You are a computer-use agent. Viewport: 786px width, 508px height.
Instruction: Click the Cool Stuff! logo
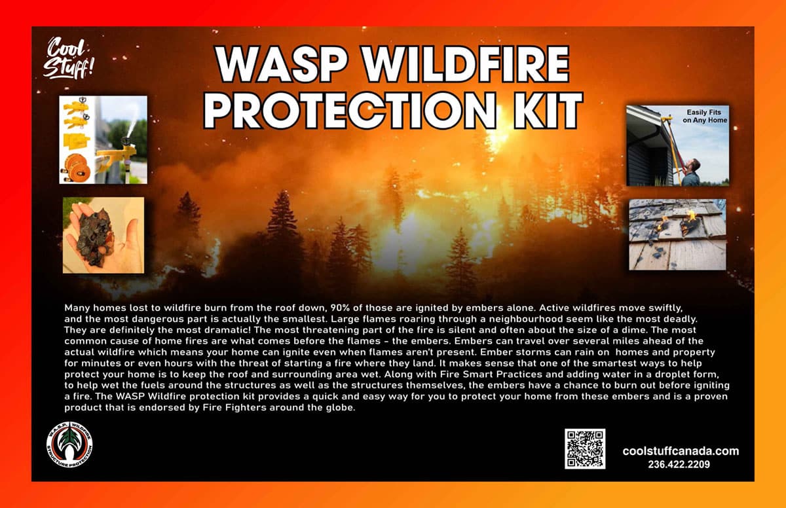tap(68, 58)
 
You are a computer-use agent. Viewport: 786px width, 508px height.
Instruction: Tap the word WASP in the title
tap(282, 64)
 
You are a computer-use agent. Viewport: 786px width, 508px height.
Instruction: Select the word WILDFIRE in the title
tap(466, 64)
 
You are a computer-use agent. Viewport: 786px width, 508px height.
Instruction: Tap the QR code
tap(585, 448)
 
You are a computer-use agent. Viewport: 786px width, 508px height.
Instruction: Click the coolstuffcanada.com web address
tap(681, 451)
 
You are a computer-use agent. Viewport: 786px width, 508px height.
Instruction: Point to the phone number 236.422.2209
tap(679, 464)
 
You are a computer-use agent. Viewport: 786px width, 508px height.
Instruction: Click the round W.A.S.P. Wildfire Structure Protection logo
tap(69, 445)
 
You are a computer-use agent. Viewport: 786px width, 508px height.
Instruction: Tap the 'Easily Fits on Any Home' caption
tap(705, 116)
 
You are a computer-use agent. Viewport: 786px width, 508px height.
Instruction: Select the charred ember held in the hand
tap(93, 236)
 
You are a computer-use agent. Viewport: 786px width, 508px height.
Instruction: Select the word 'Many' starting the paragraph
tap(76, 308)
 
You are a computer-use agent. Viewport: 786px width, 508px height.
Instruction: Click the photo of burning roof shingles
tap(677, 234)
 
